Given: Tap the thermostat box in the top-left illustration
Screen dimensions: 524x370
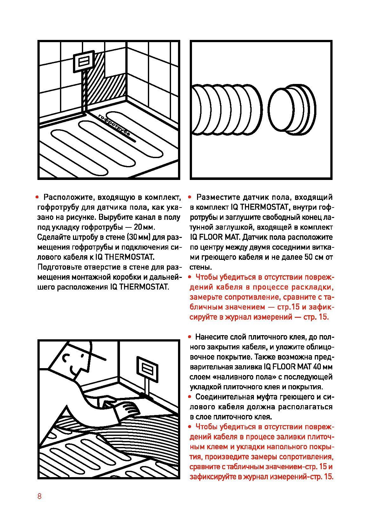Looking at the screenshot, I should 84,61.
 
